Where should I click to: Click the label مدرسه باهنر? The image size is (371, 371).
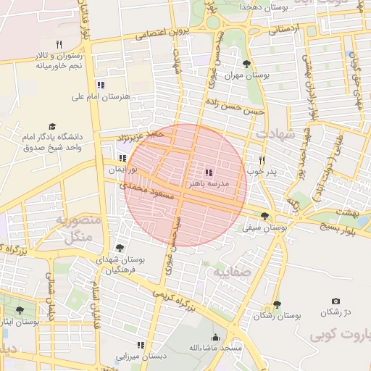(209, 184)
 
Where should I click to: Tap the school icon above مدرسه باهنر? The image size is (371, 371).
(209, 172)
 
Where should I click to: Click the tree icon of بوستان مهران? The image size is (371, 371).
(247, 64)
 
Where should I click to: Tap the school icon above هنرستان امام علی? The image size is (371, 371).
(101, 85)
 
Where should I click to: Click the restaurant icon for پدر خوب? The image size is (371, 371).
(262, 161)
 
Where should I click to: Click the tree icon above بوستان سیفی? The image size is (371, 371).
(264, 216)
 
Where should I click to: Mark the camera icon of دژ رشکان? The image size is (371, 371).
(335, 301)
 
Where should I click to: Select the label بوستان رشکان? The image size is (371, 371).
(278, 316)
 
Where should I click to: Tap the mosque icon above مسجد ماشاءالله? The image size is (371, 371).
(215, 338)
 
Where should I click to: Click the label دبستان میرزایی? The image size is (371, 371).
(141, 357)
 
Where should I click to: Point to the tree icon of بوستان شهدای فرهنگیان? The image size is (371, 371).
(120, 248)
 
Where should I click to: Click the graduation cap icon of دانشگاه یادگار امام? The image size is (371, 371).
(51, 126)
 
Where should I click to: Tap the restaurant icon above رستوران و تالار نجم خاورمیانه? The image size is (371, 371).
(70, 44)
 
